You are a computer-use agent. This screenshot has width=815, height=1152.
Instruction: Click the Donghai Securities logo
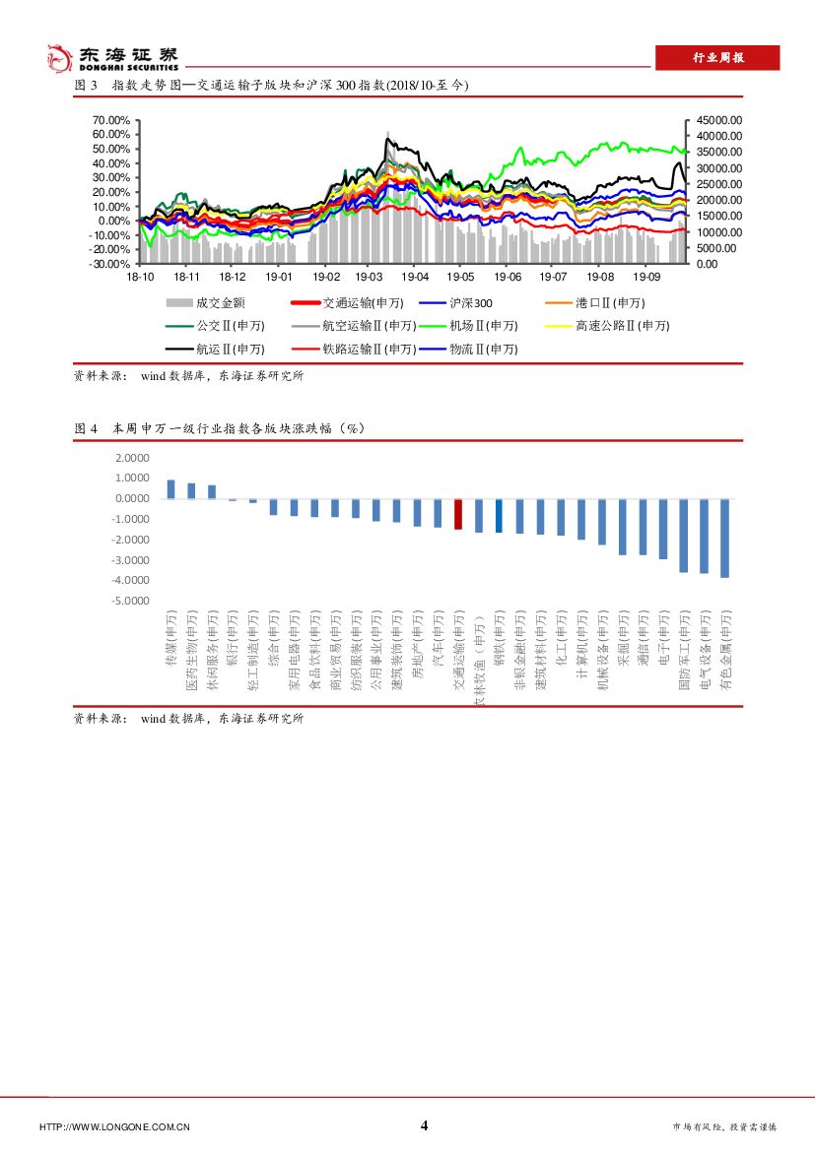coord(113,57)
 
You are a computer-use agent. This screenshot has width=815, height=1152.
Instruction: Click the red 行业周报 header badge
coord(716,58)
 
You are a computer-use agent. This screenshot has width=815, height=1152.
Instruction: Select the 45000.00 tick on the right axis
coord(718,119)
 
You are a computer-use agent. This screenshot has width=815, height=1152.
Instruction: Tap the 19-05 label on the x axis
coord(460,279)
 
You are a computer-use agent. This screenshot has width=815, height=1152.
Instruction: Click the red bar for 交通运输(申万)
coord(458,514)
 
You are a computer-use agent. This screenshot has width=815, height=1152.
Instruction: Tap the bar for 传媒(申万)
coord(170,489)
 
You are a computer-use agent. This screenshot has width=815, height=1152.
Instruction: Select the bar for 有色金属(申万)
coord(724,538)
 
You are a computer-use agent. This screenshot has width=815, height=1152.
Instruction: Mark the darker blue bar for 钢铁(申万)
coord(499,515)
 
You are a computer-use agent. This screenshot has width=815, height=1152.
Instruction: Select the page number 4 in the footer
coord(424,1125)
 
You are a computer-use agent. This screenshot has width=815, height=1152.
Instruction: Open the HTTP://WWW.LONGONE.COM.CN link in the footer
coord(114,1127)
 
